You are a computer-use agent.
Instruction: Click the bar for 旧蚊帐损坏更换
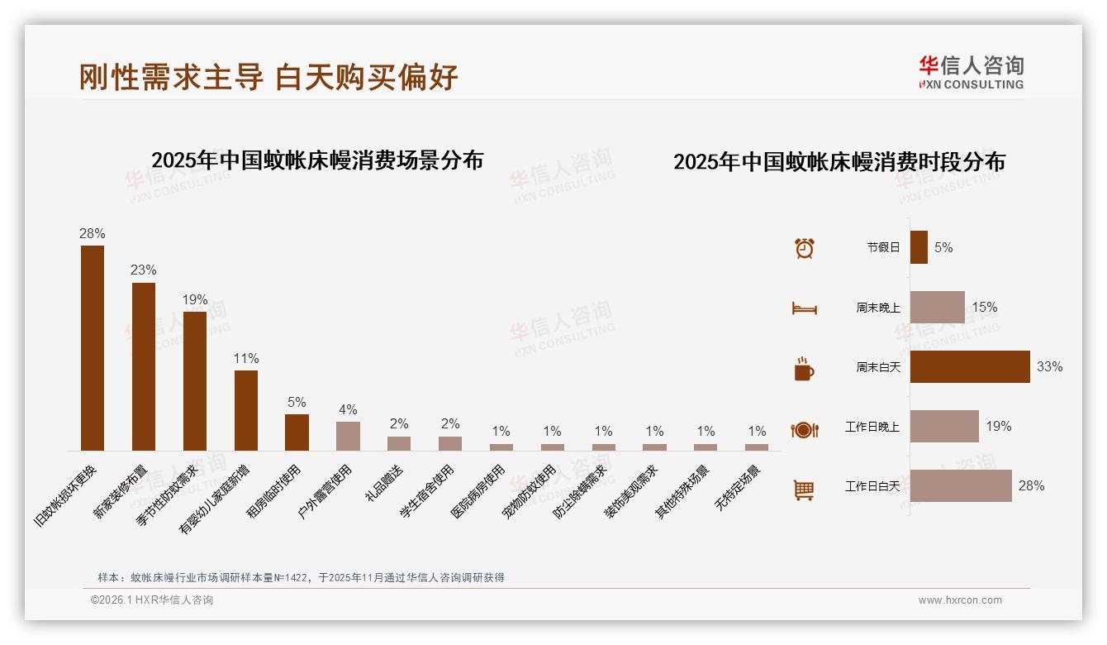(x=93, y=348)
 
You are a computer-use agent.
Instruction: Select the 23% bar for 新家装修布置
(x=144, y=366)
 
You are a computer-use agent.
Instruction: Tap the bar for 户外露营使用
(x=348, y=436)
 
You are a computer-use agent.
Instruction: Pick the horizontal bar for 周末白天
(x=970, y=366)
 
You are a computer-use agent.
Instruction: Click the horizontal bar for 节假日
(x=919, y=247)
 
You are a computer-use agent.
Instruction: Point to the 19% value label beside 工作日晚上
(x=998, y=427)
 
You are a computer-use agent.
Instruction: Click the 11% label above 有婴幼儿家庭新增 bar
(x=245, y=358)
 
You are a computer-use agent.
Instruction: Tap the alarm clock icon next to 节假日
(x=804, y=248)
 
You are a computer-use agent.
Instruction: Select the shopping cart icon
(x=804, y=490)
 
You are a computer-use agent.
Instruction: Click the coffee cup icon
(x=804, y=369)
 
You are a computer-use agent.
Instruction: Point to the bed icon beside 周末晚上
(x=804, y=308)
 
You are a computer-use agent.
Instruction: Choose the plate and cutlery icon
(x=804, y=430)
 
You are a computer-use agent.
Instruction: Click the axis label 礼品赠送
(x=384, y=484)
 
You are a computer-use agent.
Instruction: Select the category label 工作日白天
(x=872, y=486)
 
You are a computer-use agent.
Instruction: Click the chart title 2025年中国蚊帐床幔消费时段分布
(x=839, y=162)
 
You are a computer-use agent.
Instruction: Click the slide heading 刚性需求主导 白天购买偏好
(x=268, y=77)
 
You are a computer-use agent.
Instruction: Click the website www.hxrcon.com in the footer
(x=960, y=600)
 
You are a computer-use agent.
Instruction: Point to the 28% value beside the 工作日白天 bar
(x=1031, y=486)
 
